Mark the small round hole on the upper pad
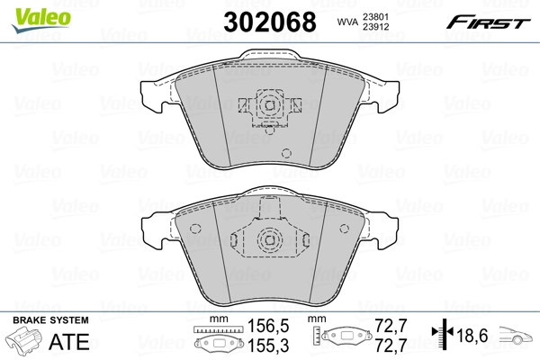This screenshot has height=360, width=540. point(286,152)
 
